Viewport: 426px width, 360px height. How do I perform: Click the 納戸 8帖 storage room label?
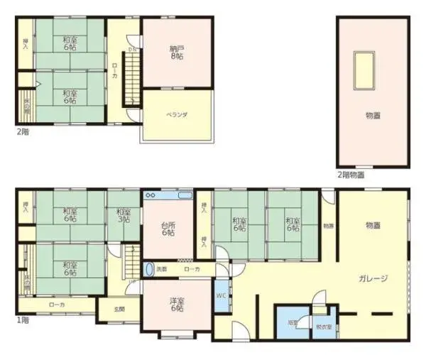177,53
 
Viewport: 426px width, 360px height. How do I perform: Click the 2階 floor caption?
23,132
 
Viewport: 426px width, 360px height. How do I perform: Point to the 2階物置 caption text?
351,174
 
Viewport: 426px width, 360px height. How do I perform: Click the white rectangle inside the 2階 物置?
367,71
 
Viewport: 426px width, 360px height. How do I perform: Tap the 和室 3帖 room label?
124,215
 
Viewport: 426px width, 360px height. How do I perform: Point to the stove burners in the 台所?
151,195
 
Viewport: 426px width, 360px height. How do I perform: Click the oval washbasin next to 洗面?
150,269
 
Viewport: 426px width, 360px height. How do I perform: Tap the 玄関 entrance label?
120,310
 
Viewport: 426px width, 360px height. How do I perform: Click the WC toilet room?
221,298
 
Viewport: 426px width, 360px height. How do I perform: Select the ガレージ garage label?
373,278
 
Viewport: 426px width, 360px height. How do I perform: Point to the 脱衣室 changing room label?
323,327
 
